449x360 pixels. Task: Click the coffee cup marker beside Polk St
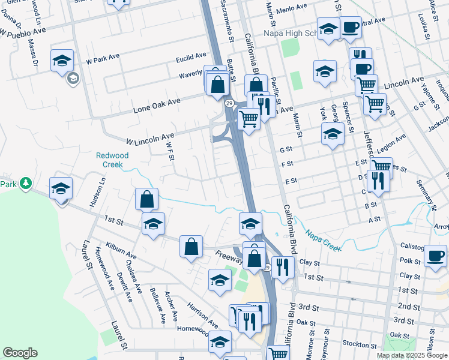coord(435,256)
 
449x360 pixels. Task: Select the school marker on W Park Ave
coord(62,61)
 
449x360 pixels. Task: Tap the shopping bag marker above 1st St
coord(146,199)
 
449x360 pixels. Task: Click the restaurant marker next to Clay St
coord(282,266)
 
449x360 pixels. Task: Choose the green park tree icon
coord(25,182)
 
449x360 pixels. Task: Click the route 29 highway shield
coord(229,103)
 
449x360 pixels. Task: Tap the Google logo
coord(20,353)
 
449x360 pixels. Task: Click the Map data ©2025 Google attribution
coord(412,355)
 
